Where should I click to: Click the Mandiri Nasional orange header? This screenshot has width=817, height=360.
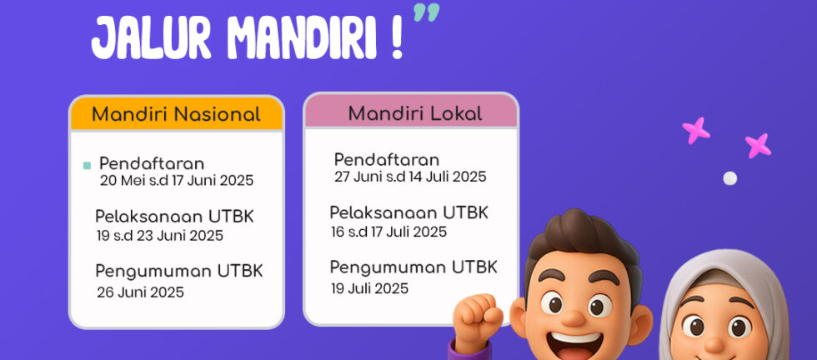tap(176, 113)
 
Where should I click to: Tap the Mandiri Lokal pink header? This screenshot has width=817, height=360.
tap(411, 111)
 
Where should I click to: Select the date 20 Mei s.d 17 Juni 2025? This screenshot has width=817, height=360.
tap(177, 181)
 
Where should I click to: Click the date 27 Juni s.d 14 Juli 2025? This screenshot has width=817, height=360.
tap(410, 177)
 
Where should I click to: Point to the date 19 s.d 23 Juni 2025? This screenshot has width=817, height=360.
tap(160, 236)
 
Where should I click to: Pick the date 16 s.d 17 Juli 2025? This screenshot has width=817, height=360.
tap(388, 232)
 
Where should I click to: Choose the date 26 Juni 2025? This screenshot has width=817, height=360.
tap(141, 292)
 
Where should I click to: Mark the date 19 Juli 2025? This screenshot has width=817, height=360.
tap(369, 288)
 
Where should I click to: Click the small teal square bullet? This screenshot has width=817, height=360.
tap(87, 166)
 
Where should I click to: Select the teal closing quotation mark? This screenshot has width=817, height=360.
tap(426, 12)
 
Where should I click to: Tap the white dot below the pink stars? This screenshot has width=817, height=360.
tap(730, 178)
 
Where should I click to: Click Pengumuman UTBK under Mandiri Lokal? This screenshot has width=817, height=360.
tap(414, 267)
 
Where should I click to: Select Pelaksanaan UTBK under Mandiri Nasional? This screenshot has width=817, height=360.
tap(174, 217)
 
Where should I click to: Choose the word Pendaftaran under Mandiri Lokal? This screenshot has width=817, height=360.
tap(387, 159)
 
